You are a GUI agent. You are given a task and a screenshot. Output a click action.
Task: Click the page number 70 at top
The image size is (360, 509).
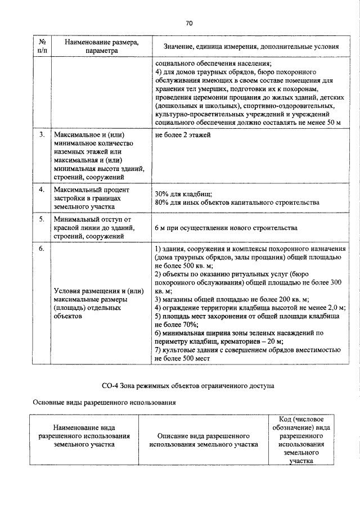(189, 23)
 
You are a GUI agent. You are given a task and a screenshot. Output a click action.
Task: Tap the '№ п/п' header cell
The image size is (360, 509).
(41, 46)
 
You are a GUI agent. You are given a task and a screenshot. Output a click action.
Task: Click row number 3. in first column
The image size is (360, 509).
(41, 136)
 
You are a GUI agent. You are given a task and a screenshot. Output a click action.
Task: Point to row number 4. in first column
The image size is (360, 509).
(41, 190)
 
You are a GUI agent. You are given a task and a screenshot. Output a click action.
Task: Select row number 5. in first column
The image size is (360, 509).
(41, 219)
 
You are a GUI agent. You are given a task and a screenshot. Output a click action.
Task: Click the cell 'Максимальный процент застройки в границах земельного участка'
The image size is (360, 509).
(92, 199)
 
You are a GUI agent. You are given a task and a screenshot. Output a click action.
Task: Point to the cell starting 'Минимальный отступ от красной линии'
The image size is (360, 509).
(92, 228)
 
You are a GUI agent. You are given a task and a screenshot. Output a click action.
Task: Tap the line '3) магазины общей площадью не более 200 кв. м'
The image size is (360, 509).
(232, 299)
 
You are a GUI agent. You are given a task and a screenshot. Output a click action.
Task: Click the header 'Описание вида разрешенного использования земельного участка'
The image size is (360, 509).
(203, 440)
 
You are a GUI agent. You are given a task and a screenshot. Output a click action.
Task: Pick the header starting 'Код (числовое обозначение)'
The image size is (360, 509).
(305, 440)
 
